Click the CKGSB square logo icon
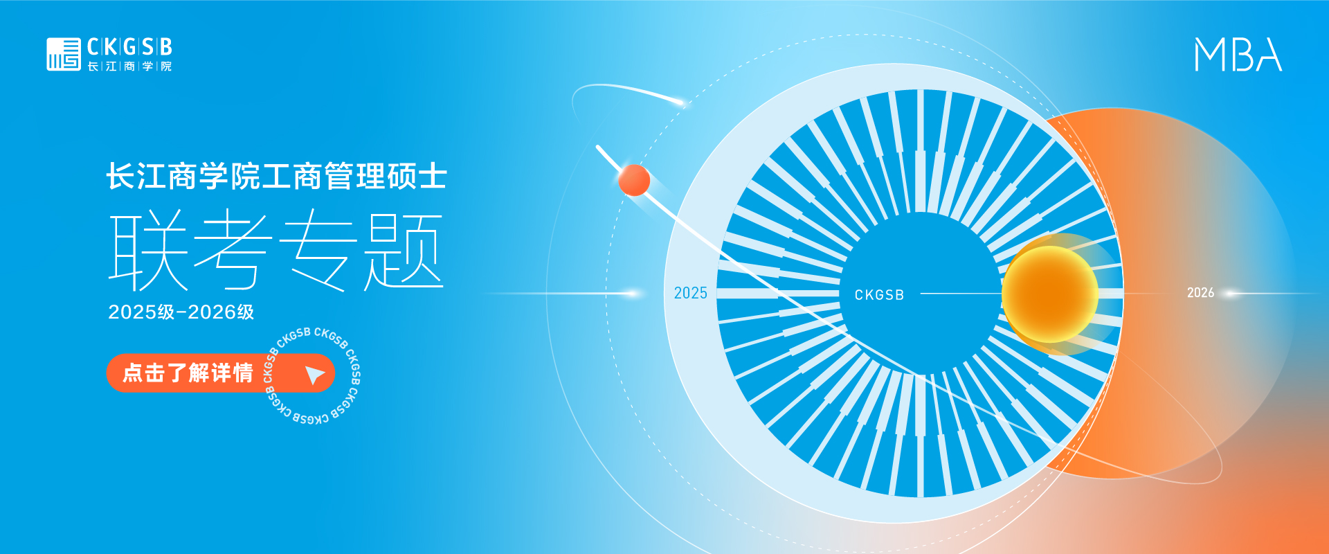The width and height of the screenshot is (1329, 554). pyautogui.click(x=64, y=54)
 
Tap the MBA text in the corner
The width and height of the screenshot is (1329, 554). pyautogui.click(x=1238, y=55)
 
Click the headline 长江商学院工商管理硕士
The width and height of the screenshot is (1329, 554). pyautogui.click(x=277, y=176)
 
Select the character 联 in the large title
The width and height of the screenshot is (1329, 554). pyautogui.click(x=149, y=251)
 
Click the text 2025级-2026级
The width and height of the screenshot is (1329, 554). pyautogui.click(x=181, y=312)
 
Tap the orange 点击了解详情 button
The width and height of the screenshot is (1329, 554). pyautogui.click(x=221, y=373)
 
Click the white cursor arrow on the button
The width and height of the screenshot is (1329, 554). pyautogui.click(x=315, y=375)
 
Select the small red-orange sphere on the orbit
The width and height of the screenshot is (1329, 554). pyautogui.click(x=634, y=180)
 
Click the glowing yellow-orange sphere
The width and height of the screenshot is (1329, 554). pyautogui.click(x=1050, y=294)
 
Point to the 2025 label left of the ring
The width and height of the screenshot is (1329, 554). pyautogui.click(x=691, y=293)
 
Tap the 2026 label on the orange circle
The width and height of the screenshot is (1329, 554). pyautogui.click(x=1200, y=293)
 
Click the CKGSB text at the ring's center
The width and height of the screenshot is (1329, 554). pyautogui.click(x=879, y=295)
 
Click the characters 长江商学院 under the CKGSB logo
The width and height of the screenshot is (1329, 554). pyautogui.click(x=129, y=66)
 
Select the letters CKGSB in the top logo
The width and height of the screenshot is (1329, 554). pyautogui.click(x=129, y=46)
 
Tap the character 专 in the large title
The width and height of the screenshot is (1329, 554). pyautogui.click(x=318, y=251)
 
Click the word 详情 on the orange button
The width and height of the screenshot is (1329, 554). pyautogui.click(x=233, y=373)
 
